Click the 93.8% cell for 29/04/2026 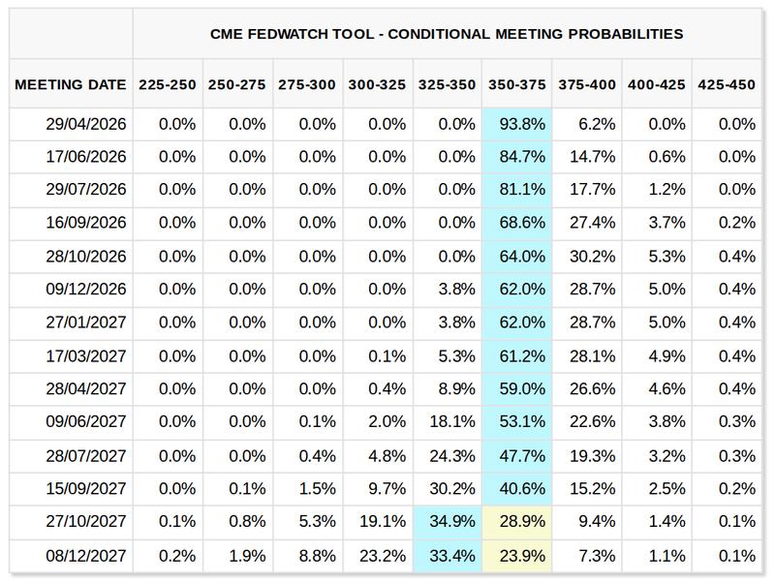[518, 124]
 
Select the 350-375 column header [517, 85]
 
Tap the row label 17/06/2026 [86, 157]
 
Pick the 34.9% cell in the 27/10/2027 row [448, 521]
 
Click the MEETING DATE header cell [71, 85]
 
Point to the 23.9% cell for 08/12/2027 [518, 556]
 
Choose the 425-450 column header [726, 85]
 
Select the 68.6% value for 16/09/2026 [518, 223]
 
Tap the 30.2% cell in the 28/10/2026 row [587, 257]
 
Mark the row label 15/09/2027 [86, 488]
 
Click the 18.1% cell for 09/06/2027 [448, 421]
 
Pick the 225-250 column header [169, 85]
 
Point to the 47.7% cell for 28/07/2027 [518, 455]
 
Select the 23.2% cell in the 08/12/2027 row [378, 556]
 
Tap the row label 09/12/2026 [86, 290]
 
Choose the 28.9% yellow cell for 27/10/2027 [518, 521]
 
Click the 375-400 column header [587, 85]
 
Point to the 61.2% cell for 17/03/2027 [518, 355]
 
